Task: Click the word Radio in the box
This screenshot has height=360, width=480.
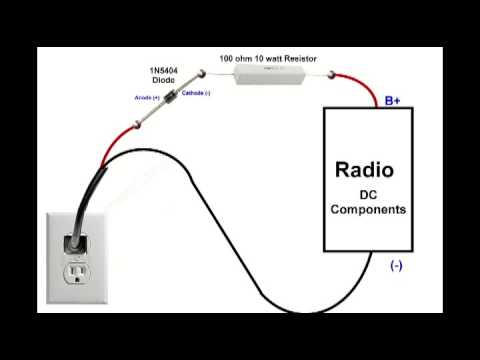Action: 364,170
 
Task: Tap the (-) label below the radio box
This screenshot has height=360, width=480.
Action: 396,266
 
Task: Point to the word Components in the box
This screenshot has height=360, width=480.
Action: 368,210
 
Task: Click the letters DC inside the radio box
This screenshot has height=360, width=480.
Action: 368,193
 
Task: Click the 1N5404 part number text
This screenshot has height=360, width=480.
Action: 165,70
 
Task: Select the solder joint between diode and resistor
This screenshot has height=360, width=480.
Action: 198,74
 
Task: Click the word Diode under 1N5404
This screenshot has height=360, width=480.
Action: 164,80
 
